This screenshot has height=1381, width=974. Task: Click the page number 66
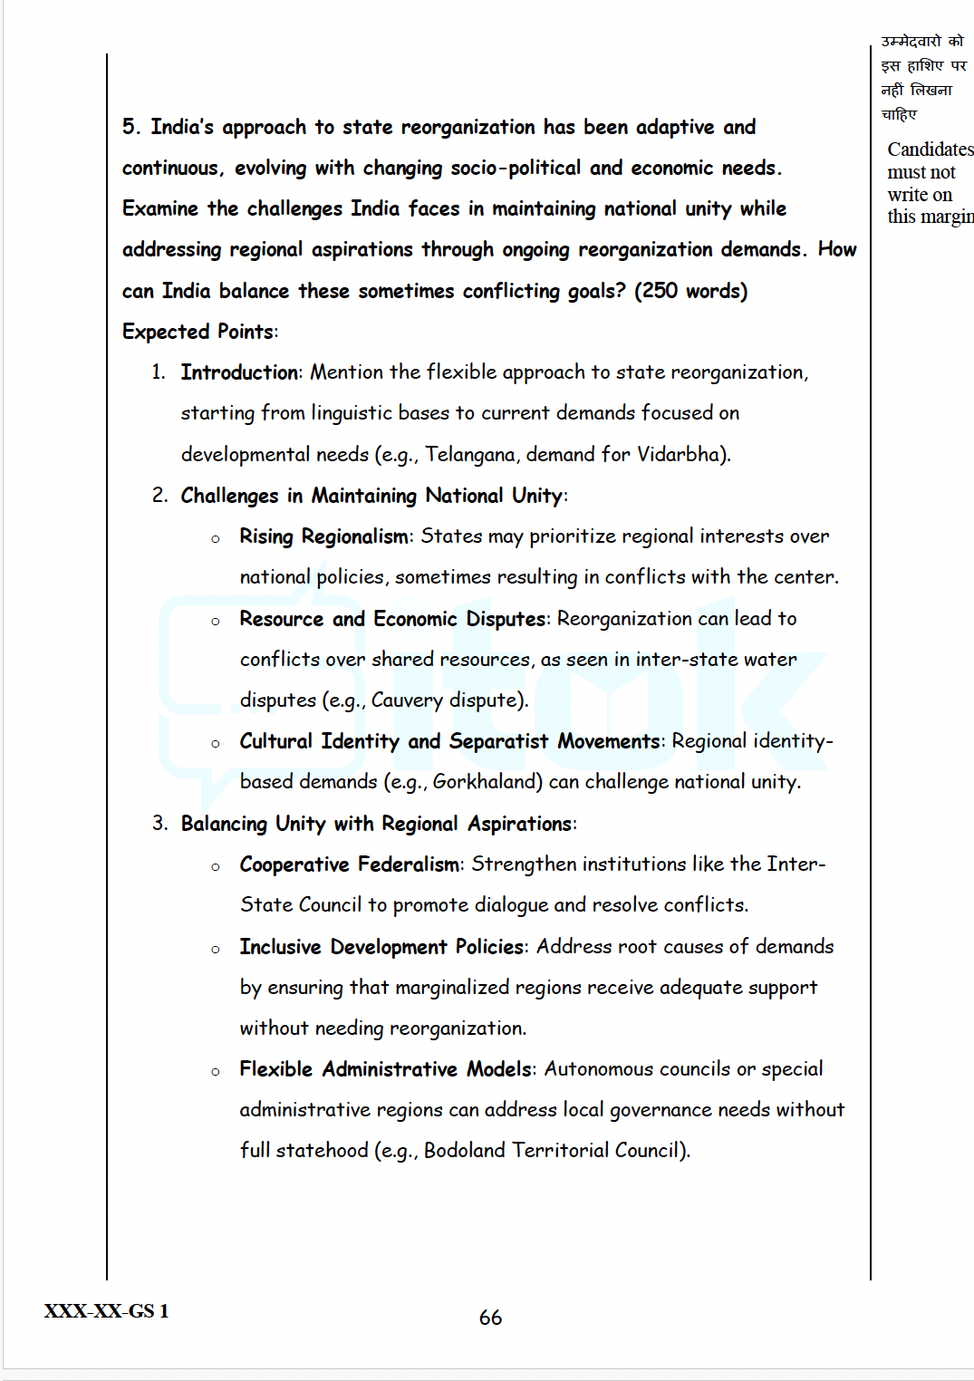point(490,1318)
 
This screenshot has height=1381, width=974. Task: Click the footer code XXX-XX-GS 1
point(106,1311)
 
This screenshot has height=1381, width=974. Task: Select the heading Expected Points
point(198,332)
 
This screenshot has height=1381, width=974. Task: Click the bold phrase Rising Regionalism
point(323,536)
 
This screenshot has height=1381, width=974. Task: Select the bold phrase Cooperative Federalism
point(350,864)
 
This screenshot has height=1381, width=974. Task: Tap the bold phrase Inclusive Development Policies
point(381,947)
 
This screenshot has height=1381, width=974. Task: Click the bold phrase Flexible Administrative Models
point(385,1069)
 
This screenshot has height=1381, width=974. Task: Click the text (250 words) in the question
point(690,291)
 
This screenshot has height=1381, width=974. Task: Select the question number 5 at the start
point(130,127)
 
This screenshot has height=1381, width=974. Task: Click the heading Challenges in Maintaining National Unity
point(371,496)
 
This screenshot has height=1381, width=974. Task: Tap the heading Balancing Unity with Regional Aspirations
point(376,824)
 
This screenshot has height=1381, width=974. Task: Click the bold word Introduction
point(239,372)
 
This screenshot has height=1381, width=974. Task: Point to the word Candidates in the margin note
point(930,150)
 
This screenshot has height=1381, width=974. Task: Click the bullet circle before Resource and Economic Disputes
point(216,622)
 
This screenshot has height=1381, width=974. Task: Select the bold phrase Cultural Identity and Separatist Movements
point(450,741)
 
